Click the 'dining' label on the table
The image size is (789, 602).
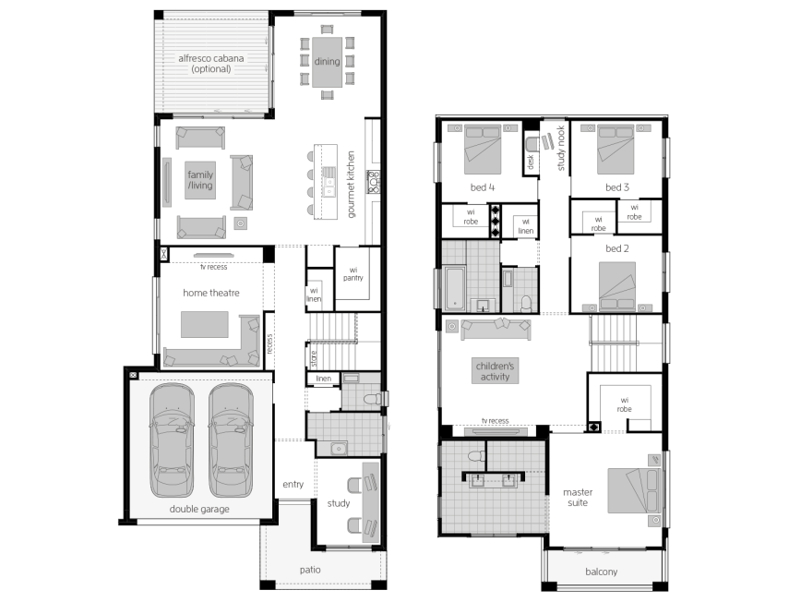click(x=327, y=62)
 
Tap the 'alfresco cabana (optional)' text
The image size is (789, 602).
click(x=210, y=64)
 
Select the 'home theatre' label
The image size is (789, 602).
click(x=210, y=293)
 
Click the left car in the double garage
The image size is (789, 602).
click(x=172, y=440)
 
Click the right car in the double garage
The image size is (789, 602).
click(x=231, y=440)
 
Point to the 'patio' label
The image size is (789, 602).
click(x=310, y=570)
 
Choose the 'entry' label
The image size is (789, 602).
click(x=293, y=484)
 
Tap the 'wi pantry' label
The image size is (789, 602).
click(x=353, y=274)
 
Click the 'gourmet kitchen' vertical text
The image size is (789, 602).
click(x=351, y=185)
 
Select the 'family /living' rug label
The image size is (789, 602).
click(x=200, y=180)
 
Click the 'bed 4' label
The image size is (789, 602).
click(x=483, y=187)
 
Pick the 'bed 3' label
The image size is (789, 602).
click(x=617, y=187)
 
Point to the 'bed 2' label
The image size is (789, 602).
click(x=617, y=248)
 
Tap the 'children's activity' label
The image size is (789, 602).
click(x=496, y=371)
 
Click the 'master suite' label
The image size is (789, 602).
click(x=578, y=498)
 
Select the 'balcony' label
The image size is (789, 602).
click(x=602, y=572)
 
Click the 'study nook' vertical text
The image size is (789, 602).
click(x=561, y=148)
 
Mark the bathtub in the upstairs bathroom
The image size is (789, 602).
click(x=454, y=288)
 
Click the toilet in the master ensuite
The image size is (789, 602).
click(x=475, y=456)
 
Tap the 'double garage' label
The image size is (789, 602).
click(x=199, y=509)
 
